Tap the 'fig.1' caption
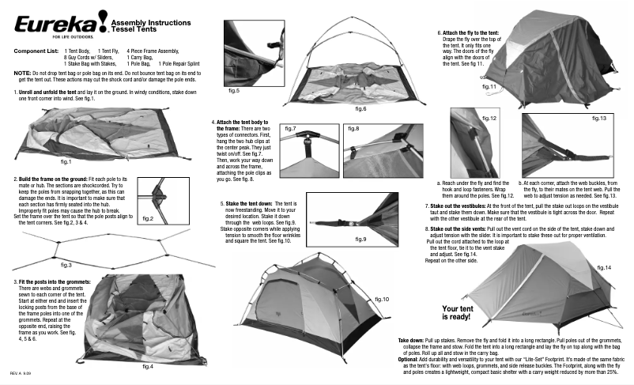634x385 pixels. point(66,160)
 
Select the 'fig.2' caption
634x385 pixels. point(149,217)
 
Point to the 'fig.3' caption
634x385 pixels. point(66,265)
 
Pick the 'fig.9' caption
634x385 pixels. point(360,238)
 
